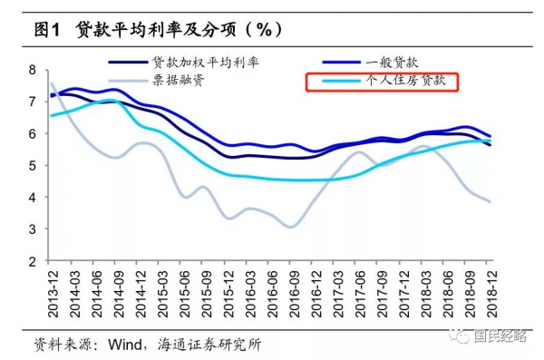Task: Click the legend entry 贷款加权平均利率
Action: (x=206, y=63)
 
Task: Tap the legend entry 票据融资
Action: (x=179, y=81)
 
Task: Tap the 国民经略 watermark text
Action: (x=504, y=335)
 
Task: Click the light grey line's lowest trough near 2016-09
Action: (x=290, y=227)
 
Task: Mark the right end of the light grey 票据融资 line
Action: (x=491, y=201)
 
